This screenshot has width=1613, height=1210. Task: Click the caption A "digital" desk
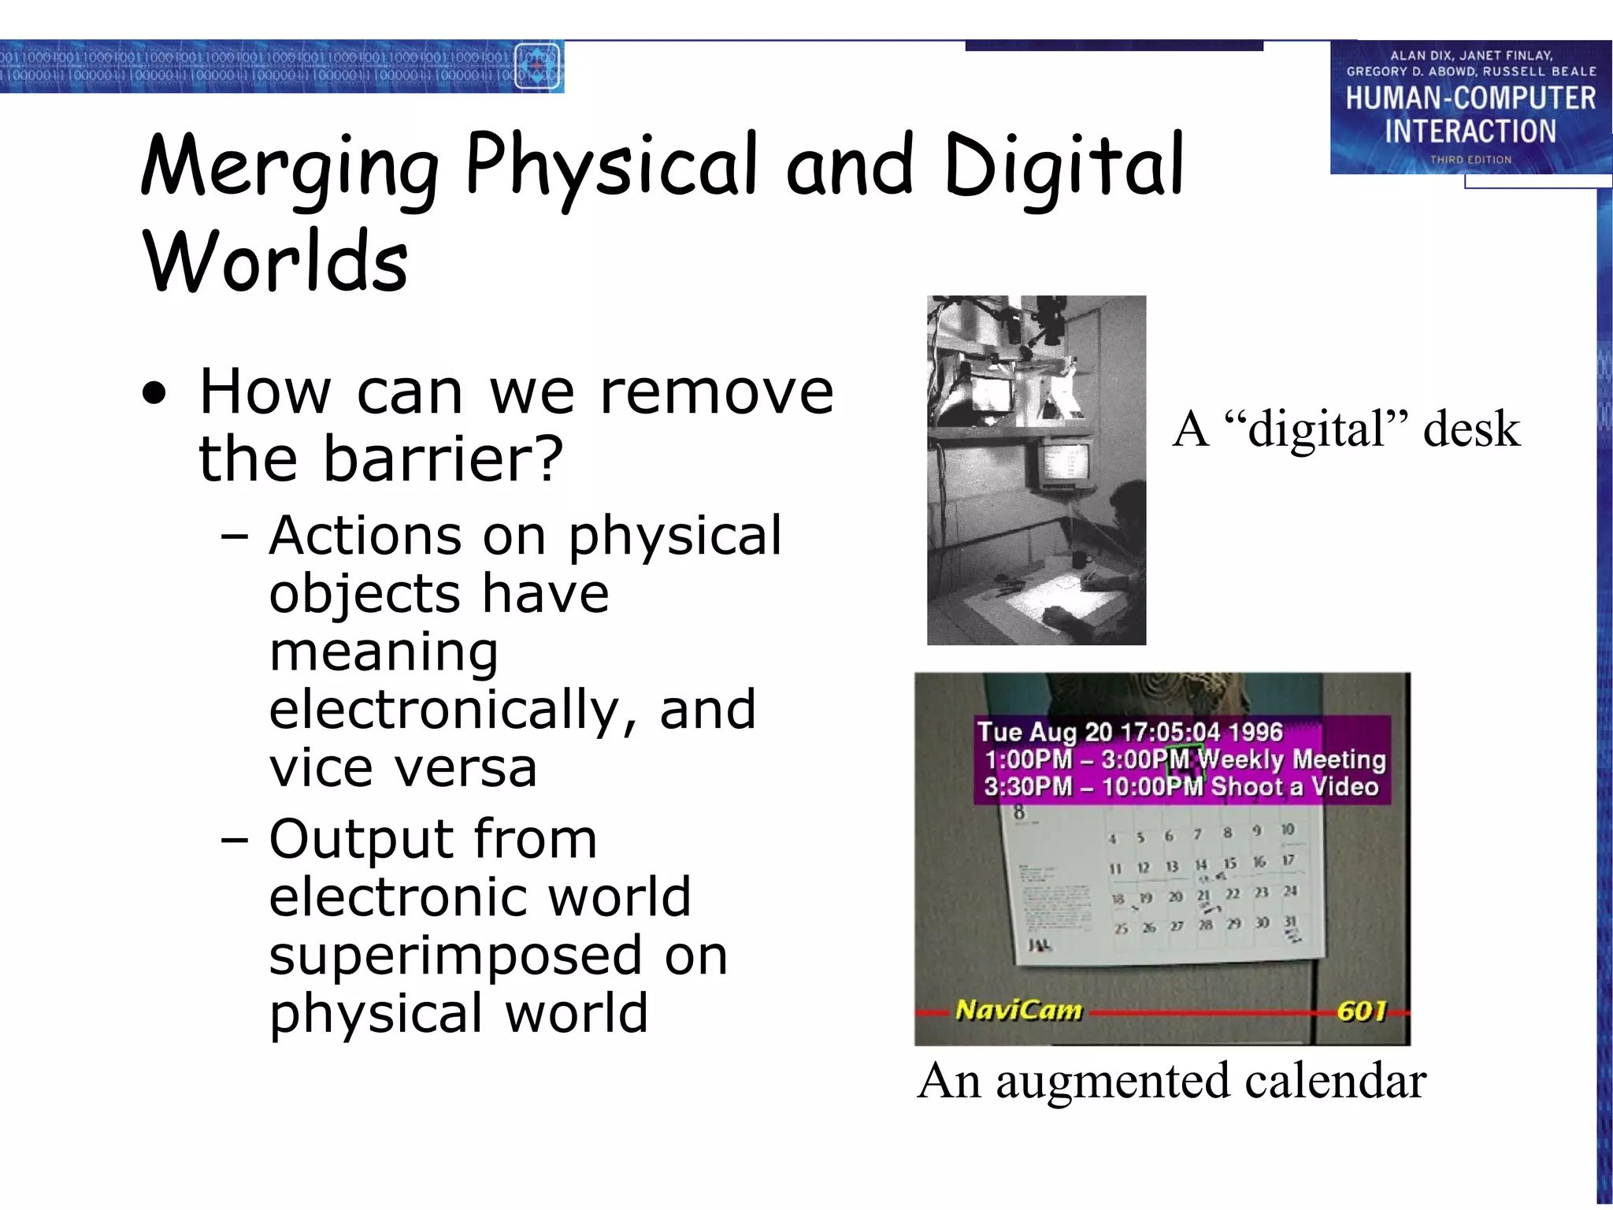point(1346,430)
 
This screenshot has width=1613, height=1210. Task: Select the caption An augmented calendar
point(1171,1081)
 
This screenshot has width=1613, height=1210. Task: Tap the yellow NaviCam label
point(1018,1010)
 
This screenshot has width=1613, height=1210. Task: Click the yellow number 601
point(1361,1010)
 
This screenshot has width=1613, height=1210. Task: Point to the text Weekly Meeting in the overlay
point(1292,759)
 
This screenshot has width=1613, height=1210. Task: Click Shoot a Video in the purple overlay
point(1294,786)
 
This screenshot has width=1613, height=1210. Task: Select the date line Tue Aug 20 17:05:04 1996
point(1130,732)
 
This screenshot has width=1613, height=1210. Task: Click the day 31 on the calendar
point(1290,922)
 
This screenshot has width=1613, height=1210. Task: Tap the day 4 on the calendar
point(1112,839)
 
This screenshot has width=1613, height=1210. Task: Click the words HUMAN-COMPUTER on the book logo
point(1470,98)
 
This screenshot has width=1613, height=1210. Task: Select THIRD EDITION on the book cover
point(1470,160)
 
